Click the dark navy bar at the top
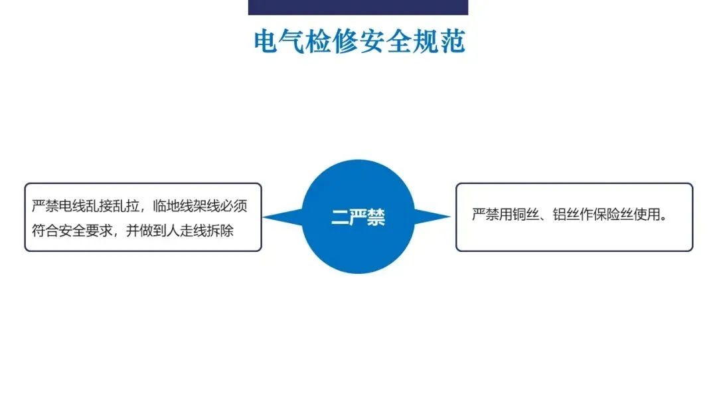[x=358, y=7]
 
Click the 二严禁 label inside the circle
[x=358, y=217]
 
